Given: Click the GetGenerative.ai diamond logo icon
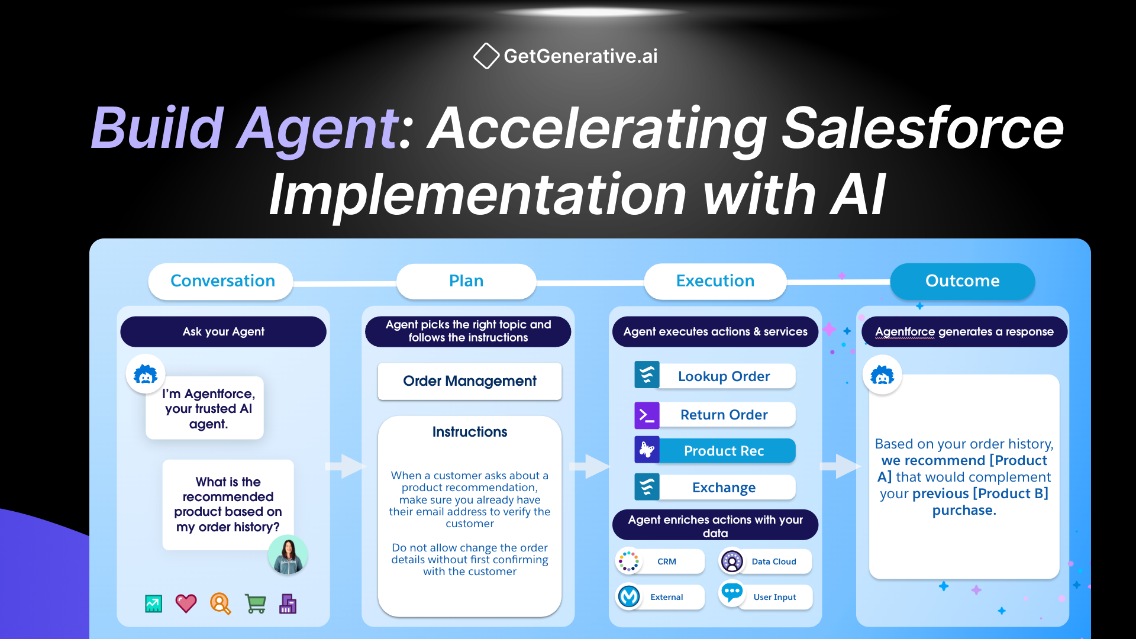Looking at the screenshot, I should [x=486, y=56].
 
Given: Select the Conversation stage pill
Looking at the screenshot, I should [x=222, y=281].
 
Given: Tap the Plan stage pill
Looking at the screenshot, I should [x=466, y=281].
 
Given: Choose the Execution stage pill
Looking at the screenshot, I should [x=715, y=281].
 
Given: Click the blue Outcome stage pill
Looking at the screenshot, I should [x=962, y=281].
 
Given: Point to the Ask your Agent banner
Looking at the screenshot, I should [x=223, y=332].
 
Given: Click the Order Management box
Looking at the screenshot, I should [x=469, y=381].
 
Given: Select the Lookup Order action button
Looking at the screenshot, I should [x=723, y=376].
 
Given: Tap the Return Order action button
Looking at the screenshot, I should [x=723, y=415].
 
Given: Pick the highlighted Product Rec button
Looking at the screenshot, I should [x=723, y=451].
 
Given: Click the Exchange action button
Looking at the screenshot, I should [x=723, y=488].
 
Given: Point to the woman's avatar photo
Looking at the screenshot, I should [x=288, y=555].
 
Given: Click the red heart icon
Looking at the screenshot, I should [x=186, y=603].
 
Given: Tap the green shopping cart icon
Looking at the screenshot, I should [x=255, y=603].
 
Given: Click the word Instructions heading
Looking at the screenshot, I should [x=469, y=432].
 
